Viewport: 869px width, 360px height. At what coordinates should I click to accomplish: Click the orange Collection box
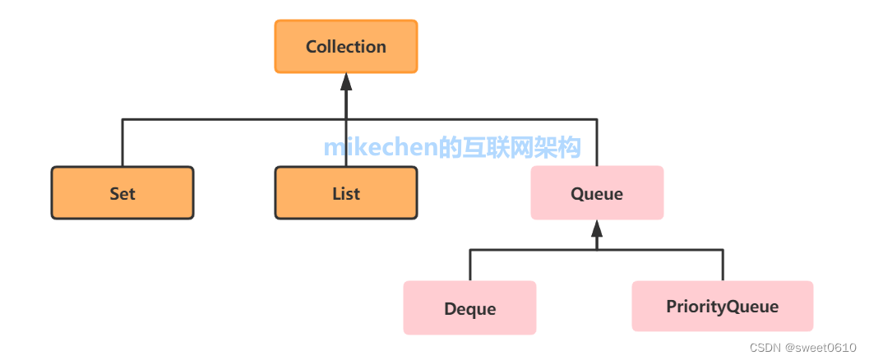pyautogui.click(x=346, y=47)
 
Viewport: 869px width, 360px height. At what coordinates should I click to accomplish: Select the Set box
pyautogui.click(x=122, y=193)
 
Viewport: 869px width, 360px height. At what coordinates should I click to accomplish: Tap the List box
pyautogui.click(x=346, y=193)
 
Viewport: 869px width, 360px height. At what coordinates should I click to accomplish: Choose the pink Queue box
pyautogui.click(x=597, y=193)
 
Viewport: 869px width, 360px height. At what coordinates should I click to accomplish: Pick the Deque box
pyautogui.click(x=469, y=308)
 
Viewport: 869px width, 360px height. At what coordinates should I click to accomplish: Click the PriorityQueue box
pyautogui.click(x=722, y=307)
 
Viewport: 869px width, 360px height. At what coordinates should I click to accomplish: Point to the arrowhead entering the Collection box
pyautogui.click(x=346, y=81)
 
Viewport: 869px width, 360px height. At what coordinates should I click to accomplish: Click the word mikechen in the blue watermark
pyautogui.click(x=380, y=148)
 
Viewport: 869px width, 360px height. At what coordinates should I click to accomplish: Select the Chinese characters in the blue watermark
pyautogui.click(x=510, y=148)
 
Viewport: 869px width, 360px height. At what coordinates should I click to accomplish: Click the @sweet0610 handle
pyautogui.click(x=822, y=348)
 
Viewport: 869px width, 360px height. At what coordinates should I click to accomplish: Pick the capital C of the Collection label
pyautogui.click(x=312, y=47)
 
